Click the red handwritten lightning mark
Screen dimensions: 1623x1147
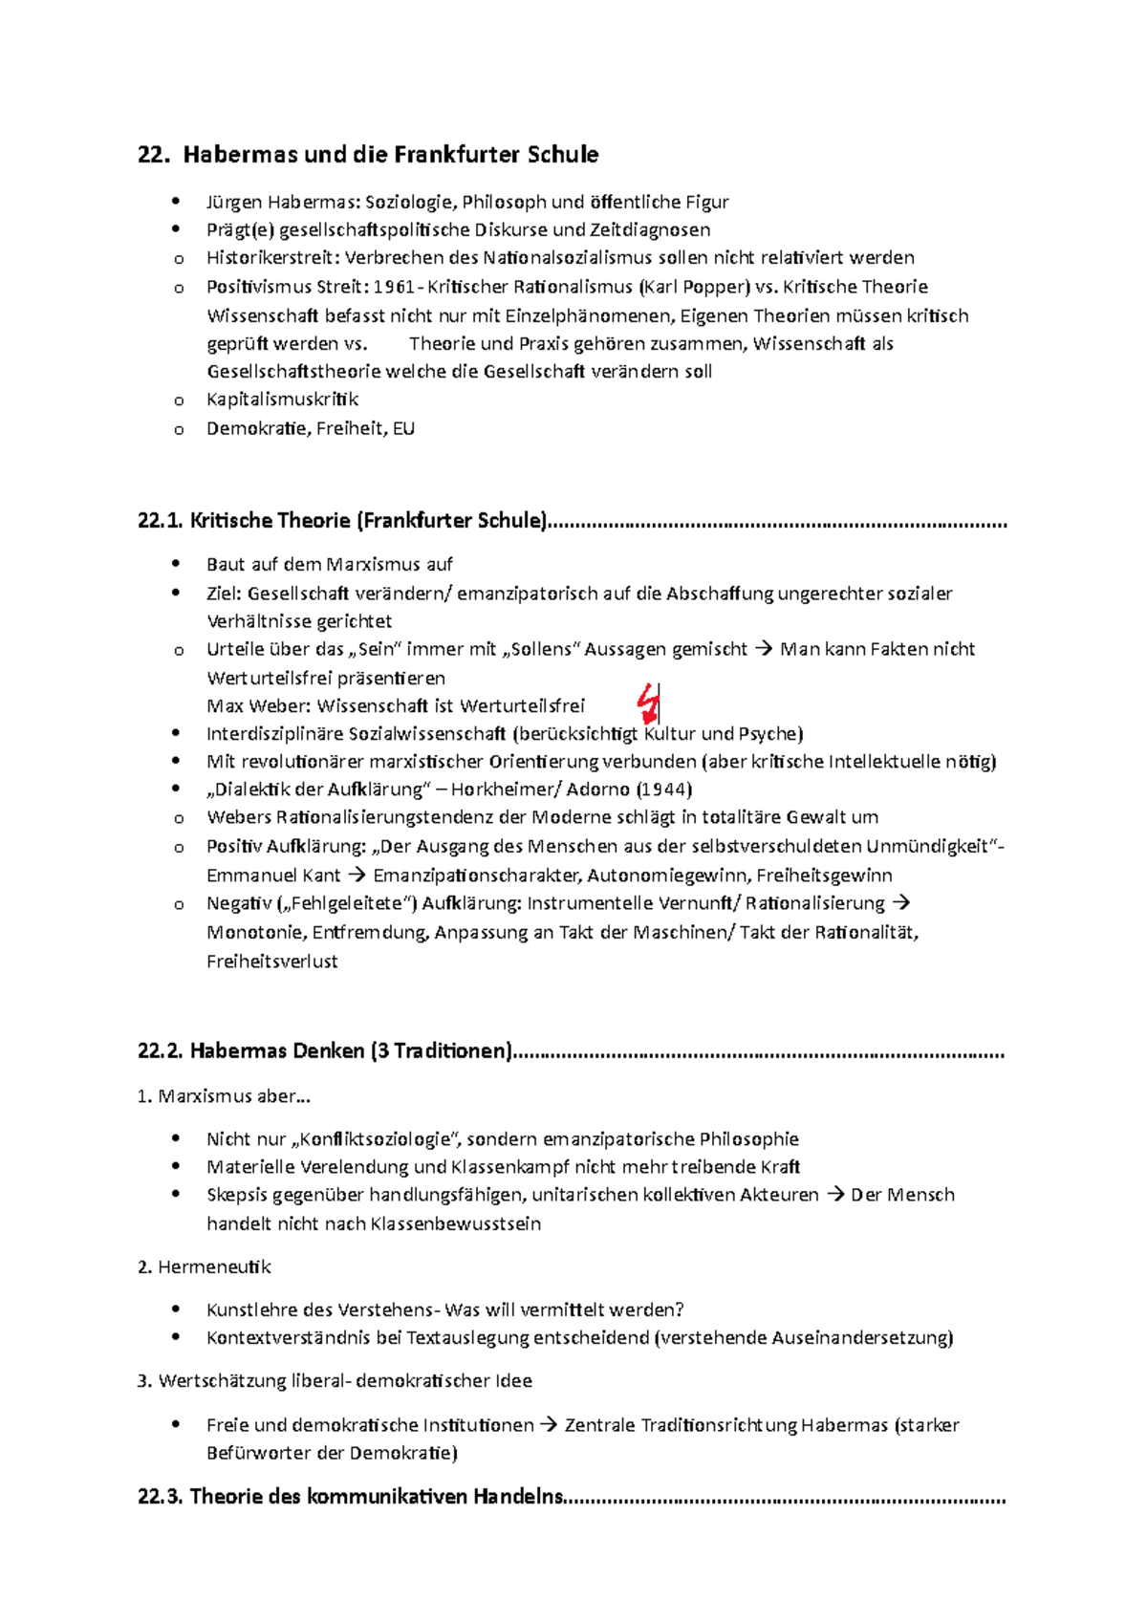649,703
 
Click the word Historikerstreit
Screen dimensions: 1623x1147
272,258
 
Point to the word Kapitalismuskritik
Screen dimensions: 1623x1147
282,400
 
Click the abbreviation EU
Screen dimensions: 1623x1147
403,428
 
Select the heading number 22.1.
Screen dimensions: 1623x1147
160,521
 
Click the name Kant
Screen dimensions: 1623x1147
322,876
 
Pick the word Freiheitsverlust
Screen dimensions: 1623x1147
272,962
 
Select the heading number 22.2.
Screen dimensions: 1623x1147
160,1051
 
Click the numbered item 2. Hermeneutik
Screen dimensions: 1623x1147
205,1267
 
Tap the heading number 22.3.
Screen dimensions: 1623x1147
160,1497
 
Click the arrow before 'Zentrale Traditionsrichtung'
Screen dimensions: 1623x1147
549,1425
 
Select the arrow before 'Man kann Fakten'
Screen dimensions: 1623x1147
763,650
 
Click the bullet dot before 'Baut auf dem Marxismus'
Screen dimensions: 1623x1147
176,564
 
